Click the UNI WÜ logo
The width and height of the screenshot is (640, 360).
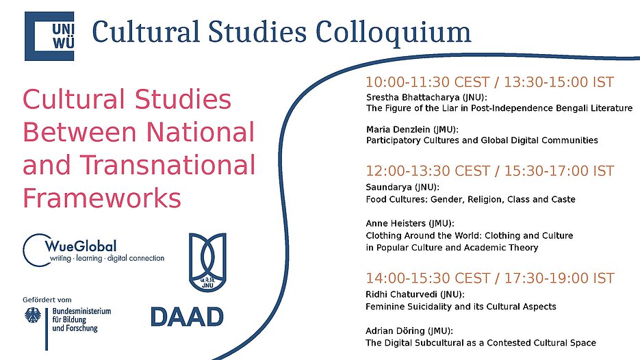[x=49, y=36]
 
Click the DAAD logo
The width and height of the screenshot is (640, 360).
[x=187, y=317]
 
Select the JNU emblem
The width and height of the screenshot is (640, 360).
[x=207, y=262]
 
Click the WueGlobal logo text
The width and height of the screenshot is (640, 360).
[x=81, y=246]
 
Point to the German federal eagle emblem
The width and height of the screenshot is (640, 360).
[x=33, y=315]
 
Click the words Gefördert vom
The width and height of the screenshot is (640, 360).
[x=47, y=300]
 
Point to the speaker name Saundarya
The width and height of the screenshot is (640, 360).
[x=389, y=188]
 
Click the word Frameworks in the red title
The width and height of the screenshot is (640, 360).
[x=102, y=198]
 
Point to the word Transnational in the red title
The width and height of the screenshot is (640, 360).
[x=167, y=165]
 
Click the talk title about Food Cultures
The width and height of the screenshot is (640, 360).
[x=471, y=200]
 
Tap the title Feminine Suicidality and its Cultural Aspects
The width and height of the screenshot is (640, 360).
[x=461, y=307]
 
